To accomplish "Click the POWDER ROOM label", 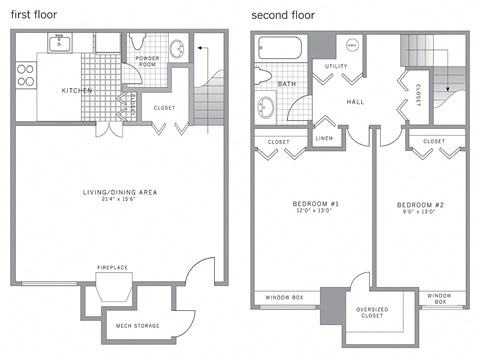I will point(148,62).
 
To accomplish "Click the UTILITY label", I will point(336,66).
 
